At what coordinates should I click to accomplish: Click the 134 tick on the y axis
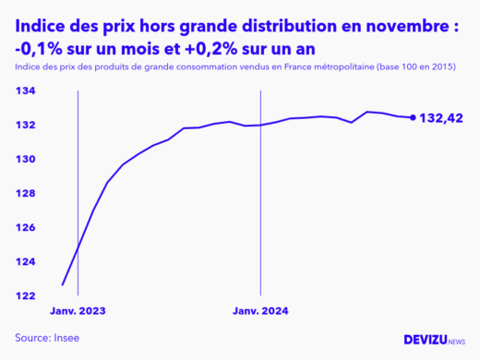point(27,91)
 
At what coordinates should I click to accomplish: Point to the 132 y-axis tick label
point(27,126)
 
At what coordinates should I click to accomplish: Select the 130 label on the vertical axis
point(27,160)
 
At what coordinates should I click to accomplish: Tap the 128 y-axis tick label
point(27,194)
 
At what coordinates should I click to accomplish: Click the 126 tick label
point(27,228)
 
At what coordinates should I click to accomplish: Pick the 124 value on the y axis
point(27,262)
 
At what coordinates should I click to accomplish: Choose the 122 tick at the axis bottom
point(27,296)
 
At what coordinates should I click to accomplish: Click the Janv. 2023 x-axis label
point(78,311)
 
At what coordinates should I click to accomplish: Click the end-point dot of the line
point(412,117)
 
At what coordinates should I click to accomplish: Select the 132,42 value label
point(441,118)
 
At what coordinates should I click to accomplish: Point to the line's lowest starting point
point(63,284)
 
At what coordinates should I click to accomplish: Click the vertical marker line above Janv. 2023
point(78,185)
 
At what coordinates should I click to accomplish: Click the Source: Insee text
point(47,338)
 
